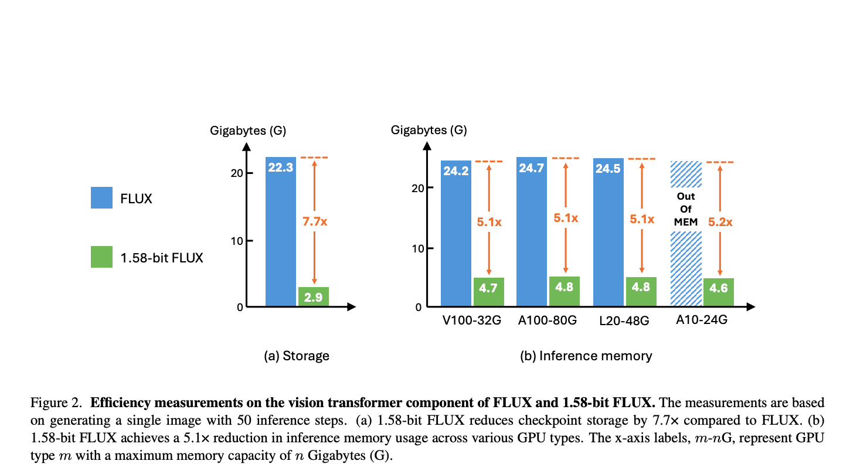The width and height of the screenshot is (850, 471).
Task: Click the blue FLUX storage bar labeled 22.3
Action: click(280, 232)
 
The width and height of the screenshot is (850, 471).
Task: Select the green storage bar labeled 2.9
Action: click(314, 296)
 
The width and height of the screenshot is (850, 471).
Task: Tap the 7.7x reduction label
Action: click(315, 221)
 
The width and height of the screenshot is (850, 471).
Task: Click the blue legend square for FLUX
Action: click(101, 197)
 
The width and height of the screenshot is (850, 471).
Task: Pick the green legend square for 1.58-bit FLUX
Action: click(101, 257)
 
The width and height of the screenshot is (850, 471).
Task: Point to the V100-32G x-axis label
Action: click(472, 320)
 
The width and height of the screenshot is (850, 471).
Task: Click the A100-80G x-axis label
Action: click(547, 320)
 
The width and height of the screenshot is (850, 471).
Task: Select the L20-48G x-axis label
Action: click(624, 321)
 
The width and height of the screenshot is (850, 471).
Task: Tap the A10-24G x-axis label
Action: click(702, 320)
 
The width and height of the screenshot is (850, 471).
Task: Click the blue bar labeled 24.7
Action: click(532, 232)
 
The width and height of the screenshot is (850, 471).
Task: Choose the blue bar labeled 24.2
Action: click(455, 234)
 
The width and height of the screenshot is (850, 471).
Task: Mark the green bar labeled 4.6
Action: click(719, 292)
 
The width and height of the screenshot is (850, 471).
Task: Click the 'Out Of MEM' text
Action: click(686, 209)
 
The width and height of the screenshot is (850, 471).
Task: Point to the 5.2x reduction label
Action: click(720, 222)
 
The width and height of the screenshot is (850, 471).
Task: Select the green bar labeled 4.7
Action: click(489, 292)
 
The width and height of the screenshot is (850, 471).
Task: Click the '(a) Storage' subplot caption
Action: click(297, 356)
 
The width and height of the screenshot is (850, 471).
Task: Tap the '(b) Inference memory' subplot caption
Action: click(586, 356)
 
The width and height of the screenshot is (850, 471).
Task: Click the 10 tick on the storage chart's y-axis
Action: click(237, 241)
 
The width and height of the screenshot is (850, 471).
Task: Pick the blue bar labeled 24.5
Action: click(608, 232)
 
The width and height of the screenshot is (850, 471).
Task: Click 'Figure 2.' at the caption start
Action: click(56, 402)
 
